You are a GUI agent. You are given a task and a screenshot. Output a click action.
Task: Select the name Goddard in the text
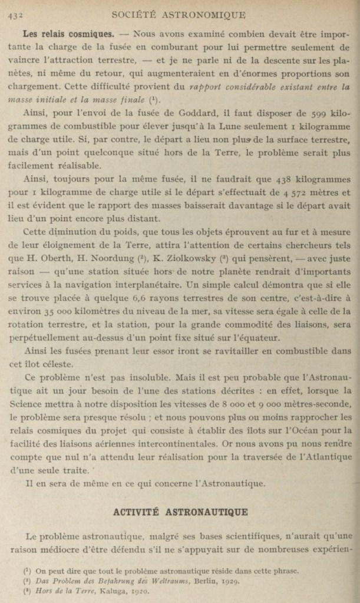(198, 113)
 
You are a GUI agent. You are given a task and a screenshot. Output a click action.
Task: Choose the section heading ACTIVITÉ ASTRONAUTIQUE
(180, 512)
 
